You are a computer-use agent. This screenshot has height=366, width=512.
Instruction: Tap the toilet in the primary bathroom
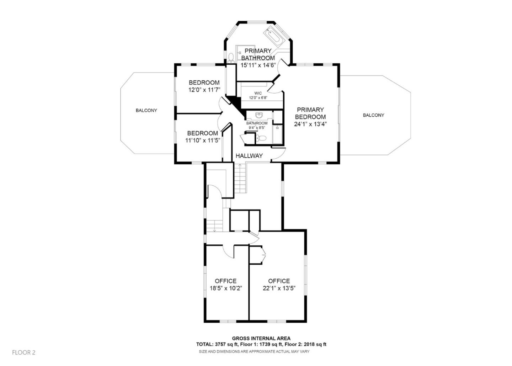click(231, 57)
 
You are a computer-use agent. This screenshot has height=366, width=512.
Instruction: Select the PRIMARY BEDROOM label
click(310, 113)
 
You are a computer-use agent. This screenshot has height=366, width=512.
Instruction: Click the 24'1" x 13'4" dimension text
click(310, 124)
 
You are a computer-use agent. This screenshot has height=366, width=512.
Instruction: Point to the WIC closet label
click(258, 93)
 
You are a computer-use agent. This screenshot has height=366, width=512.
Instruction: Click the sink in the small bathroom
click(259, 115)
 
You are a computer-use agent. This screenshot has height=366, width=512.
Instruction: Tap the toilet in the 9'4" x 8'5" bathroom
click(262, 138)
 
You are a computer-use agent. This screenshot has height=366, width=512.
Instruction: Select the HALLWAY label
click(249, 156)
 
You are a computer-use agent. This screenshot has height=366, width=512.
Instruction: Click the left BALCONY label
click(146, 111)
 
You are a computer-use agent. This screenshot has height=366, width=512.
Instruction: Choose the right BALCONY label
click(373, 115)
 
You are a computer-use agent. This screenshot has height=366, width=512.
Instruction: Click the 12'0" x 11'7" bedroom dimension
click(204, 90)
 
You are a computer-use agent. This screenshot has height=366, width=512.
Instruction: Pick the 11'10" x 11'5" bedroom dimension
click(203, 140)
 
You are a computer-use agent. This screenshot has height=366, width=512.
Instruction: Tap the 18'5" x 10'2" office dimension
click(225, 288)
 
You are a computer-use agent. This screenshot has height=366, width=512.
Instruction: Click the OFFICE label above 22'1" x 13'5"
click(279, 281)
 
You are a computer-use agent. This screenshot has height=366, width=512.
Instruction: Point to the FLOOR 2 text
click(24, 352)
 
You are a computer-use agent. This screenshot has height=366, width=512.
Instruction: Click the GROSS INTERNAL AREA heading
click(261, 338)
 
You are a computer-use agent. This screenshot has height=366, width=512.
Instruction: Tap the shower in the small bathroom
click(277, 134)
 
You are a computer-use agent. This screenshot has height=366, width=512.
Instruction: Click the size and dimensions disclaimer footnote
click(254, 351)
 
